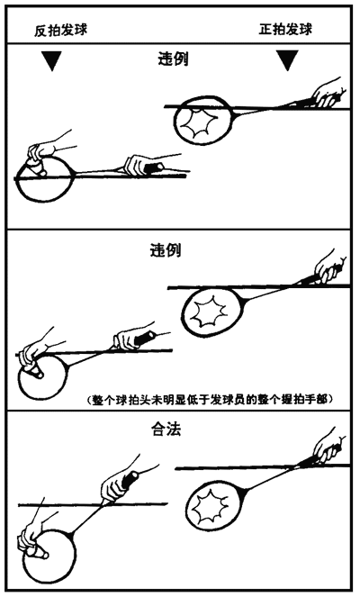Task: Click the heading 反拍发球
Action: click(61, 30)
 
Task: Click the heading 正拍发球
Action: click(286, 29)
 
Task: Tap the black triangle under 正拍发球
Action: click(287, 60)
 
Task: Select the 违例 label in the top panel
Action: click(173, 59)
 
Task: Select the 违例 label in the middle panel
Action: click(166, 250)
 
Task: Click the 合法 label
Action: click(166, 430)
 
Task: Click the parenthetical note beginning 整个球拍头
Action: click(212, 400)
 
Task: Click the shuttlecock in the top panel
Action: click(35, 167)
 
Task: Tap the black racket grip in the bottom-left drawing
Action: click(130, 480)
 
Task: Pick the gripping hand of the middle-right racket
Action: click(330, 267)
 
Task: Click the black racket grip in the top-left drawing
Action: click(153, 167)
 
